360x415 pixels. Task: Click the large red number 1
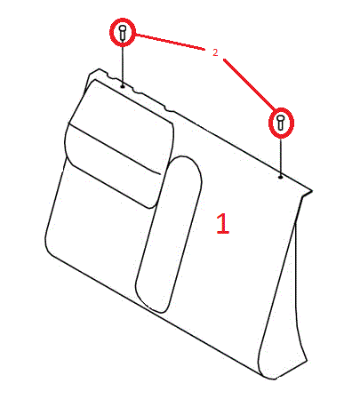(223, 223)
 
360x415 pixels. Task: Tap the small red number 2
(215, 52)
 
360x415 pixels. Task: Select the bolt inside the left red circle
(123, 32)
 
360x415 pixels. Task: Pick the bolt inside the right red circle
(281, 123)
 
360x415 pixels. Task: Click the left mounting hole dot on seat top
(123, 86)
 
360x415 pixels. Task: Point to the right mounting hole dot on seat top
(280, 177)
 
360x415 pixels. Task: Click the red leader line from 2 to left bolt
(171, 42)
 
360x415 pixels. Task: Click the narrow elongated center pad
(169, 234)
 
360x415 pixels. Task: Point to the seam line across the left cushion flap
(115, 148)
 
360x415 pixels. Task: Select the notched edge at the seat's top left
(131, 89)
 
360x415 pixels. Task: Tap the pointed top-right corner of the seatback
(311, 191)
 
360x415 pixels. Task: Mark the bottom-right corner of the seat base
(274, 379)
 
